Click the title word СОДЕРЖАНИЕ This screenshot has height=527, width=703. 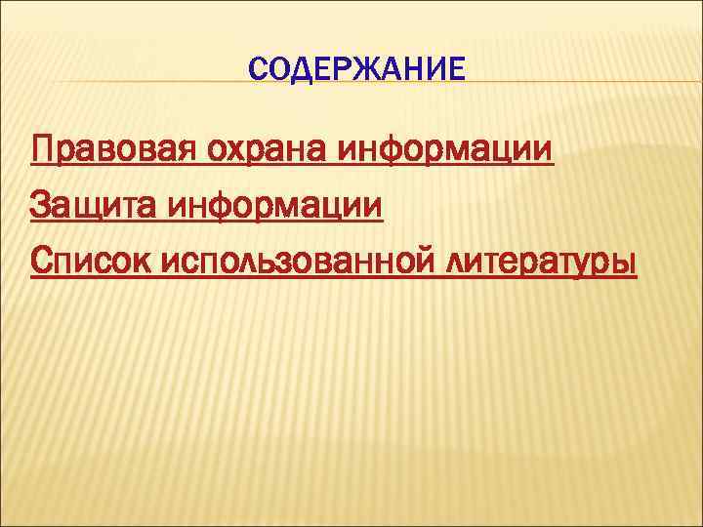(357, 69)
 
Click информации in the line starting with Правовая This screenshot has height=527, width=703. (446, 152)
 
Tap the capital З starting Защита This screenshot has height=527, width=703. (41, 207)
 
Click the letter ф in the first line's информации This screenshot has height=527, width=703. (401, 154)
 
